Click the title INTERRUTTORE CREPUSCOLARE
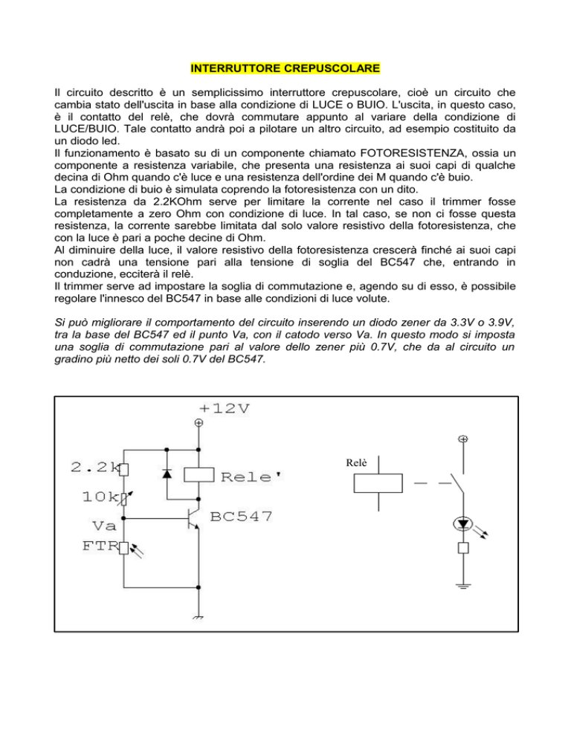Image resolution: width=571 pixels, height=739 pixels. coord(285,69)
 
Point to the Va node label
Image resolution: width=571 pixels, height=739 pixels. coord(96,526)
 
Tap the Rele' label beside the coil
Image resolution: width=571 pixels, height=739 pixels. coord(248,476)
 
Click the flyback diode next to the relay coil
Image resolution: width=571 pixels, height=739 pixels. coord(167,472)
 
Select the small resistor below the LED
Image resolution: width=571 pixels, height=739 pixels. coord(463,549)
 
